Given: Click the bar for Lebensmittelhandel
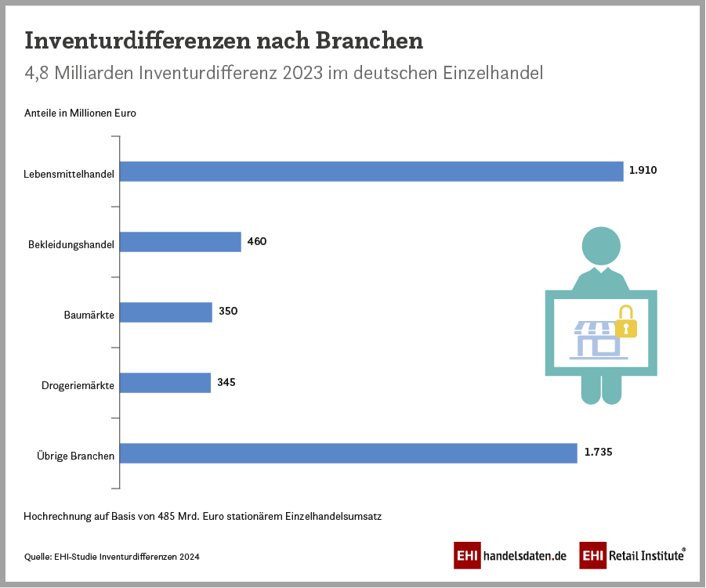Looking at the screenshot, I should point(371,171).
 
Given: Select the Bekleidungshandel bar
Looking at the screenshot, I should point(180,242).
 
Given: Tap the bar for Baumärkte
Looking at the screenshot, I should point(166,312).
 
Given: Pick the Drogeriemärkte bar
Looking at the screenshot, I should point(165,382).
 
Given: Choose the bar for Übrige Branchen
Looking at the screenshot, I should point(349,453).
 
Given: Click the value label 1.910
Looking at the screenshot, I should point(643,170).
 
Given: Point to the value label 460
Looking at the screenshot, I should point(257,241).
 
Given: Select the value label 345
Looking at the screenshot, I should point(226,382).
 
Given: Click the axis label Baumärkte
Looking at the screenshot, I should point(89,315).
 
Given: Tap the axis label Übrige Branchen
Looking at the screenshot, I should point(76,456).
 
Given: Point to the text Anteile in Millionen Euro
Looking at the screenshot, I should point(80,113).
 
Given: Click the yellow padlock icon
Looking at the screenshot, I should point(625,322).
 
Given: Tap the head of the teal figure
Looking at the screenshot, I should point(601,245).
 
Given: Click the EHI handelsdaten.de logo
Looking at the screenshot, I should point(510,555).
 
